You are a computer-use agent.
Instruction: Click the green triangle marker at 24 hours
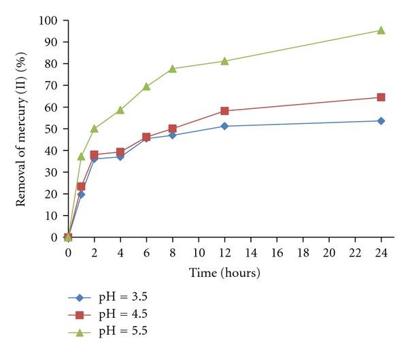(381, 30)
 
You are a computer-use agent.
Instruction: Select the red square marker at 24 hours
(381, 97)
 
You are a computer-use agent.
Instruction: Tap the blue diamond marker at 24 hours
(381, 120)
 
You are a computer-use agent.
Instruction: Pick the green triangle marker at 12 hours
(224, 61)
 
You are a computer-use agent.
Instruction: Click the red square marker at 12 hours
(224, 111)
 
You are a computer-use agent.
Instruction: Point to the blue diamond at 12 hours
(224, 126)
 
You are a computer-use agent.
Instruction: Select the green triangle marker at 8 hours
(172, 69)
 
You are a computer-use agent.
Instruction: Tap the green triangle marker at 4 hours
(120, 110)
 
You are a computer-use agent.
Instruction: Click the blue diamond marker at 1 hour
(81, 194)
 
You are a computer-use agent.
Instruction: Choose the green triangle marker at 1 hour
(81, 157)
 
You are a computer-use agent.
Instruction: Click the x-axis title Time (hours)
(224, 272)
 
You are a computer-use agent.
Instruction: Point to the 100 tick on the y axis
(51, 20)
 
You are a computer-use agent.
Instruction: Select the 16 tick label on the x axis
(276, 252)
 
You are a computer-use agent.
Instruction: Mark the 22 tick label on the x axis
(354, 252)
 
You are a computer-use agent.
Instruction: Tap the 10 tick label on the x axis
(198, 252)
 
